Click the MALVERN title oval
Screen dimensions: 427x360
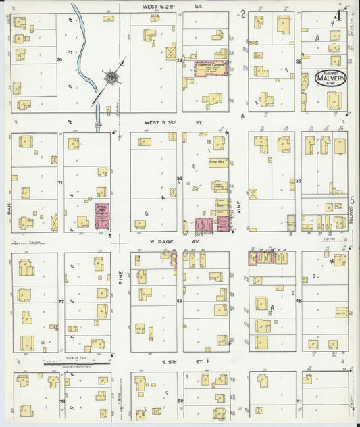[x=330, y=79]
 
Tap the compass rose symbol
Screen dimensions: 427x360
[x=109, y=78]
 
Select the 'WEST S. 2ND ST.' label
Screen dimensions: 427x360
[x=172, y=6]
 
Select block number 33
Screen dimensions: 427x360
[x=180, y=61]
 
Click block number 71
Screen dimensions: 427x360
[x=60, y=183]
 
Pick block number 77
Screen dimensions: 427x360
[x=60, y=301]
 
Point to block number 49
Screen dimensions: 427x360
[x=180, y=301]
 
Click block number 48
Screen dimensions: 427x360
[x=298, y=301]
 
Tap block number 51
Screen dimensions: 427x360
[x=299, y=401]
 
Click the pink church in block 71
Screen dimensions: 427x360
[x=102, y=217]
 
